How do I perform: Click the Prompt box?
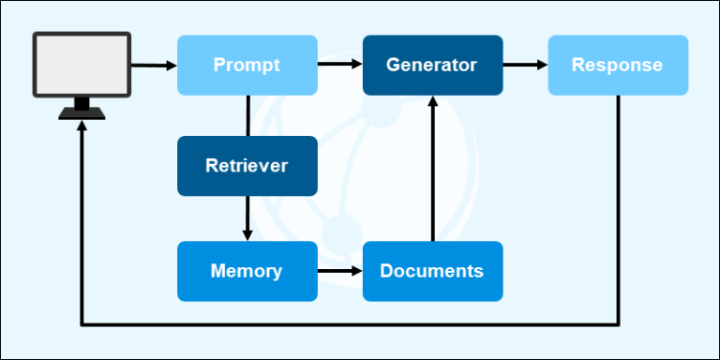click(x=247, y=65)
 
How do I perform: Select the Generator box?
click(x=432, y=65)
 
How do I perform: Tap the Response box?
click(x=617, y=65)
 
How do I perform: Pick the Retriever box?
click(x=247, y=166)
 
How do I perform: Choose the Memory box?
click(x=247, y=271)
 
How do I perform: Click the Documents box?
click(x=432, y=271)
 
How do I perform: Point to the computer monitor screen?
click(x=82, y=64)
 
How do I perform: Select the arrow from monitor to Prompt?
click(x=154, y=65)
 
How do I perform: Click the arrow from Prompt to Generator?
click(x=339, y=65)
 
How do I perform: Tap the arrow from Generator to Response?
click(x=525, y=65)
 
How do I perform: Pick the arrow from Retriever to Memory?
click(x=247, y=217)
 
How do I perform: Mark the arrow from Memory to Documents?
click(x=339, y=272)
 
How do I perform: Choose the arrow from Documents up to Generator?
click(x=432, y=169)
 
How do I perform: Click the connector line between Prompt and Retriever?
click(x=247, y=115)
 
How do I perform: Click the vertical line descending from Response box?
click(x=618, y=206)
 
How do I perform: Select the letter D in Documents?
click(x=386, y=271)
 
